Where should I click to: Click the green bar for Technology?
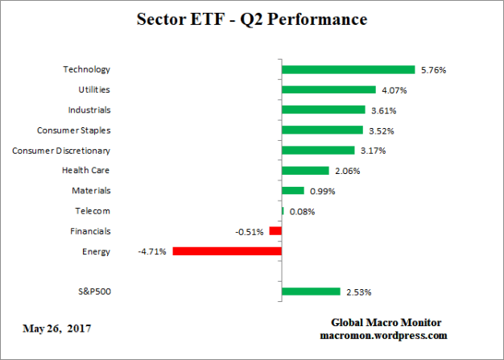coord(348,70)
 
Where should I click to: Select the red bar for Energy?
coord(226,251)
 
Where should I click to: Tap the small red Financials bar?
coord(275,231)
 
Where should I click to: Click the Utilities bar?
coord(328,90)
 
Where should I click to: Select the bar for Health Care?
coord(305,171)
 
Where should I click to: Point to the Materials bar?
coord(293,191)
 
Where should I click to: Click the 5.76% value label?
coord(432,70)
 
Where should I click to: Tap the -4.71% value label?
coord(151,251)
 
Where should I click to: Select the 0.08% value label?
coord(302,211)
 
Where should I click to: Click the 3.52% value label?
coord(382,130)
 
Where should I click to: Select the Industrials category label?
coord(86,110)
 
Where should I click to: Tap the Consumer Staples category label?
coord(74,130)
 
